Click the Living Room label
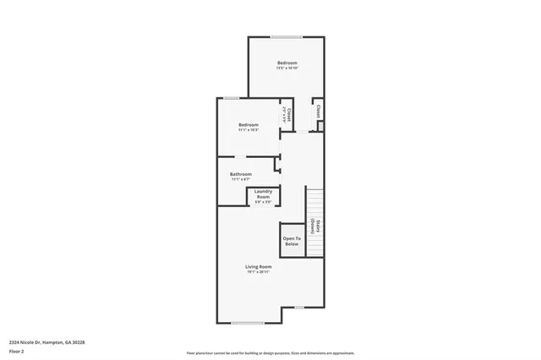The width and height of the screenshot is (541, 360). click(x=259, y=266)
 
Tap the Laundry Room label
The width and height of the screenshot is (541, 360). click(x=263, y=194)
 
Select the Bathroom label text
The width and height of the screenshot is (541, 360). click(x=241, y=174)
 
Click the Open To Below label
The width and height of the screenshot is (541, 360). click(x=291, y=241)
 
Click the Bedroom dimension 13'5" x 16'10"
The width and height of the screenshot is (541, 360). click(x=287, y=68)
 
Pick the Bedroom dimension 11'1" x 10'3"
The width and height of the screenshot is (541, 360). click(x=249, y=130)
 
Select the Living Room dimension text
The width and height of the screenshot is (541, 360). click(x=259, y=272)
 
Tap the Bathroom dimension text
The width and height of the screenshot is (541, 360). click(x=241, y=179)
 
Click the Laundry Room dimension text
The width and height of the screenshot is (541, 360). click(x=263, y=202)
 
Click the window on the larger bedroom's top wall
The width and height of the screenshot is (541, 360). click(x=287, y=37)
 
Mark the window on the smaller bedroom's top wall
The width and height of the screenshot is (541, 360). click(x=231, y=99)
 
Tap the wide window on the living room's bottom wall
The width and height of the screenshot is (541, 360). click(x=248, y=323)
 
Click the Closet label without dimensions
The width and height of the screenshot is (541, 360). click(x=318, y=110)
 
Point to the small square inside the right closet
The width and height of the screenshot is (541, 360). click(x=320, y=127)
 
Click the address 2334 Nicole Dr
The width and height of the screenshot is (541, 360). click(x=47, y=341)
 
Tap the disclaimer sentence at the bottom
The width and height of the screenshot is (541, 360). click(x=270, y=352)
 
